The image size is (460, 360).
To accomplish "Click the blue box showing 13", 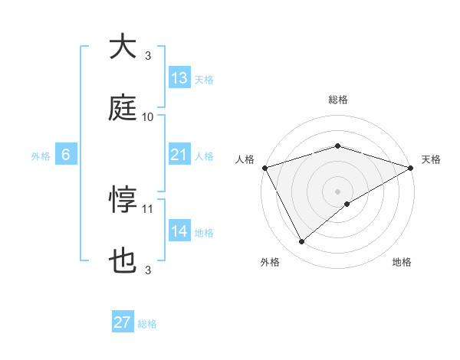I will tap(179, 77).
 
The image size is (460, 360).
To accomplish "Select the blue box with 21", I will tap(179, 155).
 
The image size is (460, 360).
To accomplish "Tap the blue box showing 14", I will tap(179, 231).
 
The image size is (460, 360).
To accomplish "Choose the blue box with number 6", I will tap(66, 155).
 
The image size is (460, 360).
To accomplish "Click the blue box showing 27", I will tap(123, 322).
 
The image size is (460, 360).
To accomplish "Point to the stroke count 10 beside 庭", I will tap(148, 117).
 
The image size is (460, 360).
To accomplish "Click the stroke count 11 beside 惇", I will tap(148, 208).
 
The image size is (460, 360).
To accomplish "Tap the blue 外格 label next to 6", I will tap(41, 155).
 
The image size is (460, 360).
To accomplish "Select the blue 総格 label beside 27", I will tap(147, 324).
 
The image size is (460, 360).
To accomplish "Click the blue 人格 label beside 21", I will tap(204, 155).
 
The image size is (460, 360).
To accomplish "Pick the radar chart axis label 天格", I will tap(432, 159).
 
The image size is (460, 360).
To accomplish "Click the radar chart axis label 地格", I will tap(402, 263).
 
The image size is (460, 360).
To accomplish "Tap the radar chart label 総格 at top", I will tap(338, 100).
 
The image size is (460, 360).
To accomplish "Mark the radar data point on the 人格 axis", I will tap(264, 167).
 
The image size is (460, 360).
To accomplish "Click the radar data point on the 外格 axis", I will tap(302, 242).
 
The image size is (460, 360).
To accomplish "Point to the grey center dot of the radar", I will tap(338, 191).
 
